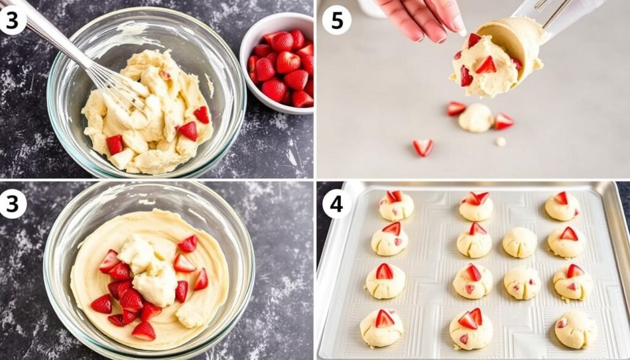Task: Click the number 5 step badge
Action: pyautogui.click(x=337, y=20)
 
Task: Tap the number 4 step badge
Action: pyautogui.click(x=337, y=204)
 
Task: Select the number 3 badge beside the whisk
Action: pyautogui.click(x=13, y=20)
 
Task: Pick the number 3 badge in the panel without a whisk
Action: pyautogui.click(x=13, y=204)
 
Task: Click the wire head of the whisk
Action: pyautogui.click(x=117, y=86)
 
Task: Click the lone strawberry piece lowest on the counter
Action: pyautogui.click(x=423, y=147)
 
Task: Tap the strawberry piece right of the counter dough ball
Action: pyautogui.click(x=503, y=121)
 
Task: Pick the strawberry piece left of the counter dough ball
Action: pyautogui.click(x=456, y=109)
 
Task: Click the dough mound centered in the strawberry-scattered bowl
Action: pyautogui.click(x=148, y=271)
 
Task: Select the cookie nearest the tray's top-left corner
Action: pyautogui.click(x=396, y=206)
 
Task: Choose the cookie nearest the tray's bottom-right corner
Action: pyautogui.click(x=575, y=329)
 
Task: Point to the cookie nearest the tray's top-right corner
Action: pyautogui.click(x=562, y=206)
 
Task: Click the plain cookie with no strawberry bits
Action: pyautogui.click(x=520, y=242)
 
